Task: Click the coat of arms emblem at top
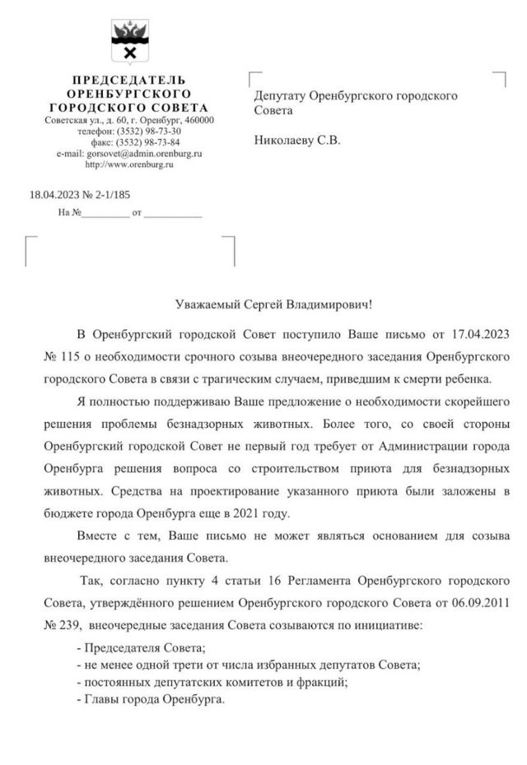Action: [128, 42]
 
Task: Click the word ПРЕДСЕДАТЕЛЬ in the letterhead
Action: [128, 81]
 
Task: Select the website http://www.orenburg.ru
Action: [129, 165]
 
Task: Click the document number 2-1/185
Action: [110, 194]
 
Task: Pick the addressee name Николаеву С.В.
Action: [297, 140]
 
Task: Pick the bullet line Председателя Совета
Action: [140, 648]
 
